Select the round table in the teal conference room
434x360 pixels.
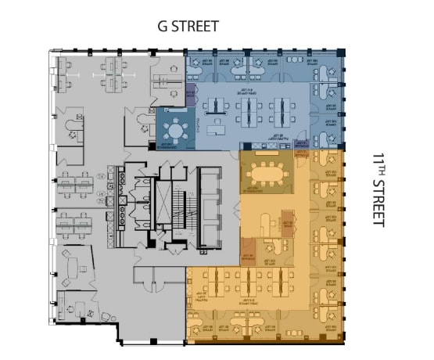click(177, 128)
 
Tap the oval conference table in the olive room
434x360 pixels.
click(267, 170)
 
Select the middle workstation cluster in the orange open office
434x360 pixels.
click(248, 283)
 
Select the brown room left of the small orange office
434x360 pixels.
click(248, 254)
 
